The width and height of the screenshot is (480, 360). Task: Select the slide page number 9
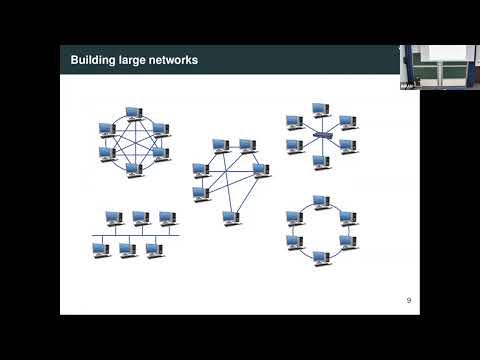point(408,300)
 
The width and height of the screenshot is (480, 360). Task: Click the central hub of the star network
point(320,133)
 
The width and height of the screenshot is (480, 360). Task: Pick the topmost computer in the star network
point(319,108)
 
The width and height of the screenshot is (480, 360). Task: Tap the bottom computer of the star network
point(320,160)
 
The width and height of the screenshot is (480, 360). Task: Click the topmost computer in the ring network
point(320,201)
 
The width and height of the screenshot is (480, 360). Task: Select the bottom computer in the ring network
point(320,258)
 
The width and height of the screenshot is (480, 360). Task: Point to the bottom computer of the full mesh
point(132,169)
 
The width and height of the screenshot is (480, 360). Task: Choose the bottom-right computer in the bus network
point(152,249)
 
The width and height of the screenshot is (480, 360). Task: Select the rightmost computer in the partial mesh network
point(260,169)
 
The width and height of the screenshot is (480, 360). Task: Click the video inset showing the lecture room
point(439,67)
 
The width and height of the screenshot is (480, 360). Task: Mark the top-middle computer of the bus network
point(140,217)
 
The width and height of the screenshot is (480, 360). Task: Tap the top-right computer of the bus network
point(166,217)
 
